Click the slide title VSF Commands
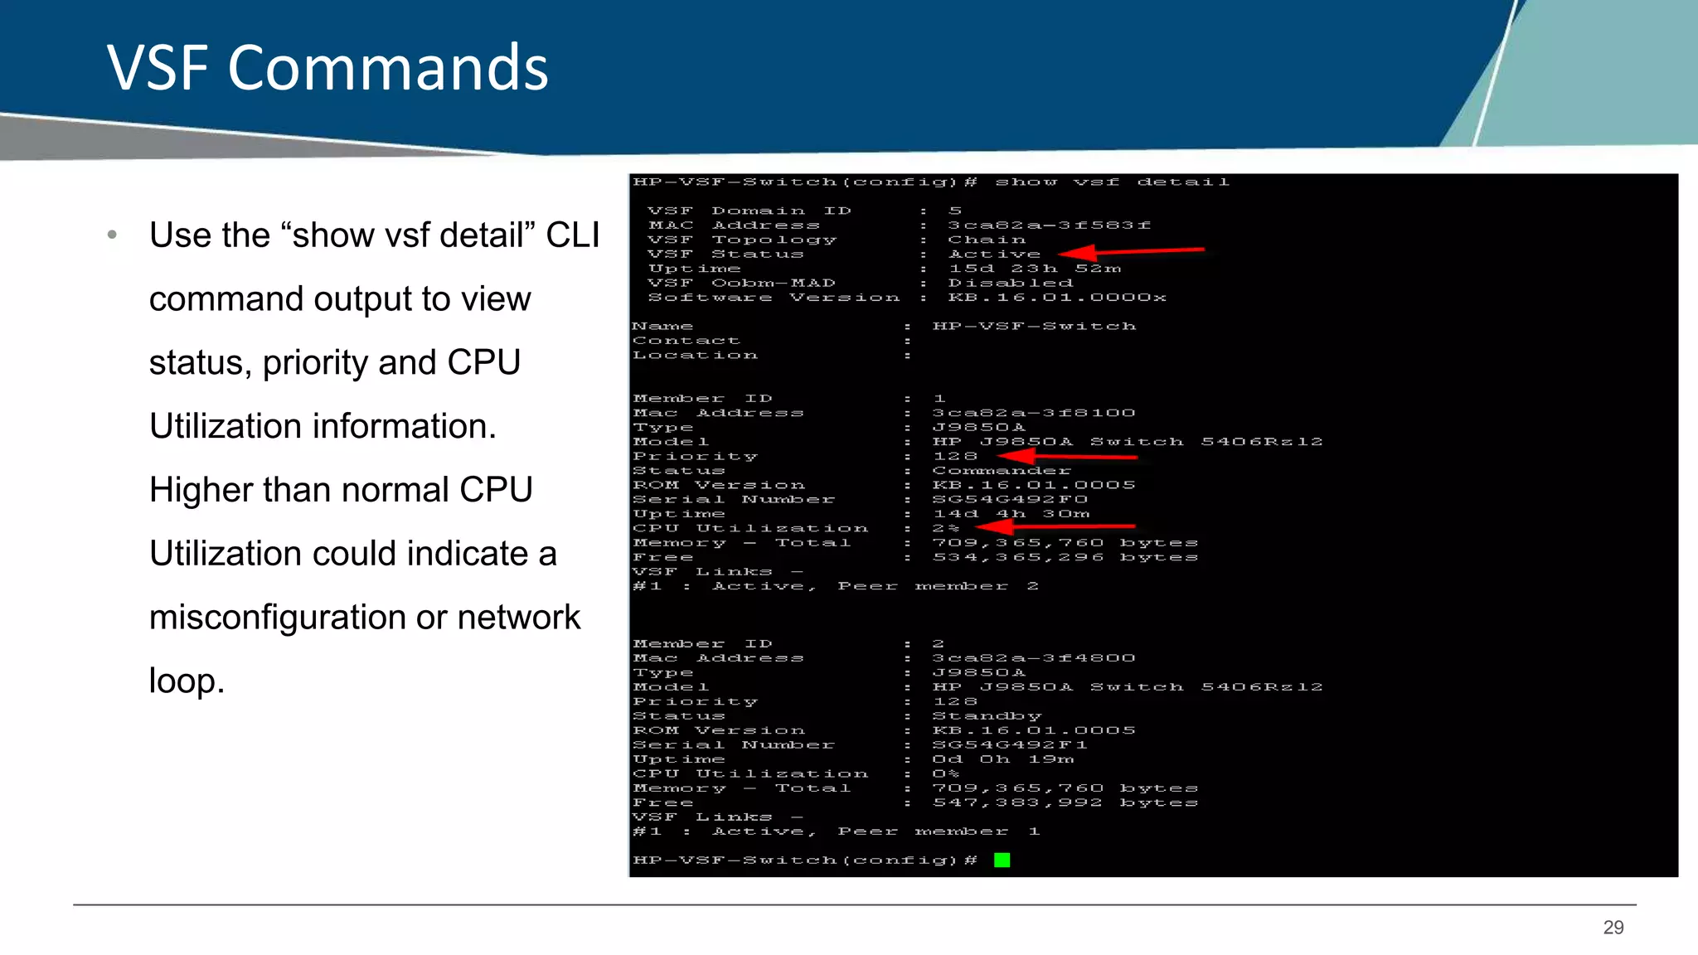click(x=327, y=68)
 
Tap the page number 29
click(x=1613, y=928)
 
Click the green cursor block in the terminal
click(x=1002, y=860)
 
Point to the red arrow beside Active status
click(x=1131, y=251)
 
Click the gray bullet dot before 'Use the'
click(x=112, y=235)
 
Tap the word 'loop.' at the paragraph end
click(x=187, y=681)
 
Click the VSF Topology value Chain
click(x=987, y=240)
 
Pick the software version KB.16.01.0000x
click(x=1056, y=298)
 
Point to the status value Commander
click(x=1002, y=471)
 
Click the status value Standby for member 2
click(x=987, y=716)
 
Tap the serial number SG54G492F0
click(x=1010, y=500)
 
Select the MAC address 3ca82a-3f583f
click(x=1049, y=225)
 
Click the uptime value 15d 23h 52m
click(x=1035, y=269)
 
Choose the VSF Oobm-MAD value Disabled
click(x=1010, y=284)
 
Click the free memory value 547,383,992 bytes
click(x=1065, y=803)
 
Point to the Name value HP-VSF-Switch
click(x=1033, y=327)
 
